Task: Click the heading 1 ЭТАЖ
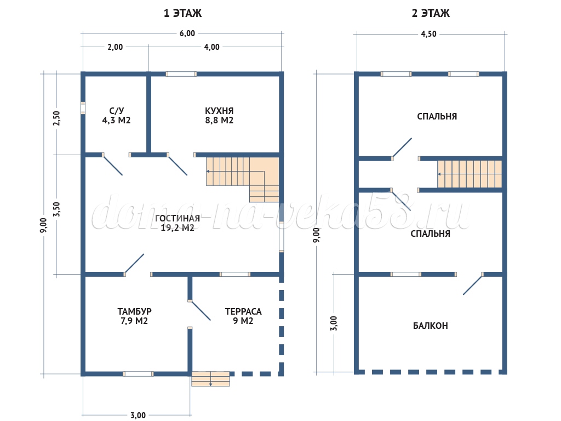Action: [182, 13]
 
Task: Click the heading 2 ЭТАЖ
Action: [431, 13]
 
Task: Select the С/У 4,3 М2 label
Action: [116, 116]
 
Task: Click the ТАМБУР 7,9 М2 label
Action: [135, 316]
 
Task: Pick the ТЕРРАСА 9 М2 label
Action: [243, 316]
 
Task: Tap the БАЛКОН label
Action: [431, 326]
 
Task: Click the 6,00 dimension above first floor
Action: [187, 33]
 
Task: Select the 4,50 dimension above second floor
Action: [428, 34]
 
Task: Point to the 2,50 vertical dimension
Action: [56, 118]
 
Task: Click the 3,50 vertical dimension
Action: [56, 209]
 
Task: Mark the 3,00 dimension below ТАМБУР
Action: [138, 416]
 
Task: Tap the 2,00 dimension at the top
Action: [115, 47]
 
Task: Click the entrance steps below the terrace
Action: [210, 379]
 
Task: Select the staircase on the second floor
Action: [470, 174]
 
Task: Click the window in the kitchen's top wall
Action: [181, 74]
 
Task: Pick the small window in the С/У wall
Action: [83, 108]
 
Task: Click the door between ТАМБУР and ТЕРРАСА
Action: [199, 310]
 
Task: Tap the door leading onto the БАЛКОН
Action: [473, 285]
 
